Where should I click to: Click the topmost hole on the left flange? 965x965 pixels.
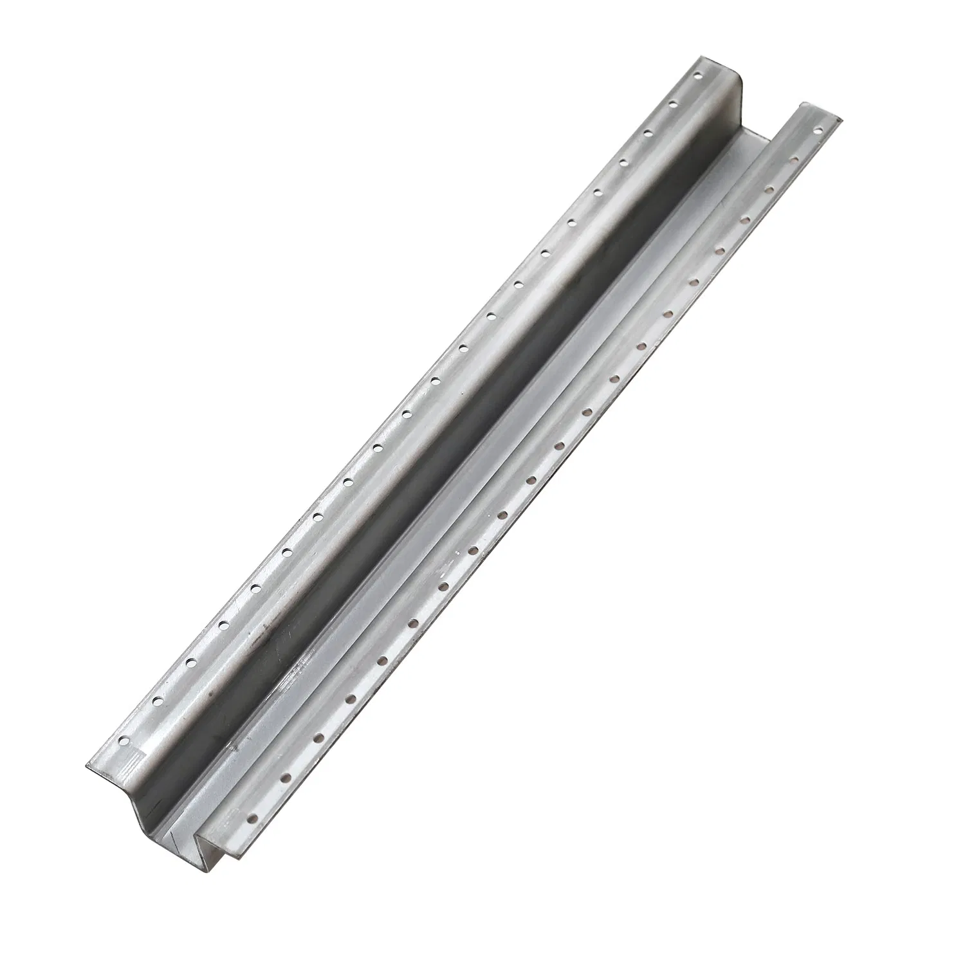click(x=697, y=76)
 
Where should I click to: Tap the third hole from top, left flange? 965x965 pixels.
click(x=647, y=132)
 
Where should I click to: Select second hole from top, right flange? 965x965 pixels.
click(x=795, y=158)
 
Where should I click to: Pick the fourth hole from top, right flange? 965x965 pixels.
click(x=744, y=219)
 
